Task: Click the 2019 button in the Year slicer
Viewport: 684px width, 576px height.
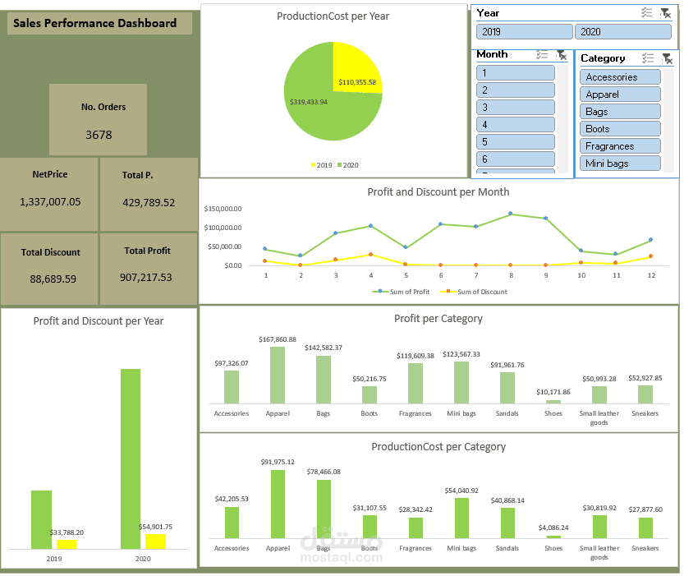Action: point(524,31)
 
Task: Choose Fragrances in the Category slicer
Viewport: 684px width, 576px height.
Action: point(620,146)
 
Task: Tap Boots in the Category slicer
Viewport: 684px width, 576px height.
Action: point(620,129)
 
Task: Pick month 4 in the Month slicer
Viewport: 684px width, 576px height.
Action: point(515,124)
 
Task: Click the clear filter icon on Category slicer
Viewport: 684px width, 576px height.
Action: point(667,58)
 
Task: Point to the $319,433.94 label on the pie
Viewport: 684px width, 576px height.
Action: point(309,102)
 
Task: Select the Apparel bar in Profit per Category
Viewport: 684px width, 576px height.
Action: point(278,375)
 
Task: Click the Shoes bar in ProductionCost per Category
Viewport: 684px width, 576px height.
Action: point(553,536)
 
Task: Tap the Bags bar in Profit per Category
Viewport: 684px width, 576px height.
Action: point(324,380)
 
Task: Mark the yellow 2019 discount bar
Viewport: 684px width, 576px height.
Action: point(67,544)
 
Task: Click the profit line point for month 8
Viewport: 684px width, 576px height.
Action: point(510,214)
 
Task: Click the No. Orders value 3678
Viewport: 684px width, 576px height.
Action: point(99,135)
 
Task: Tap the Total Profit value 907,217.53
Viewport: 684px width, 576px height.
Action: point(148,277)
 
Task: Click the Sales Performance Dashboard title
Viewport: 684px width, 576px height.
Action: point(95,23)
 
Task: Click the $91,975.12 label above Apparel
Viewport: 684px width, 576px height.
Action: point(278,462)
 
